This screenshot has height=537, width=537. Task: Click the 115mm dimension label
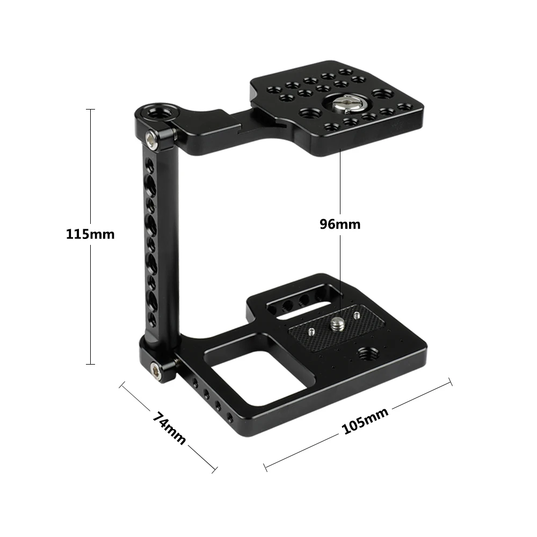(x=90, y=234)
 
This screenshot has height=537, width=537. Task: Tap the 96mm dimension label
(x=340, y=224)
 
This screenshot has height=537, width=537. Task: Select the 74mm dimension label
(x=169, y=428)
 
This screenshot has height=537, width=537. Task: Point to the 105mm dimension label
(x=365, y=420)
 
